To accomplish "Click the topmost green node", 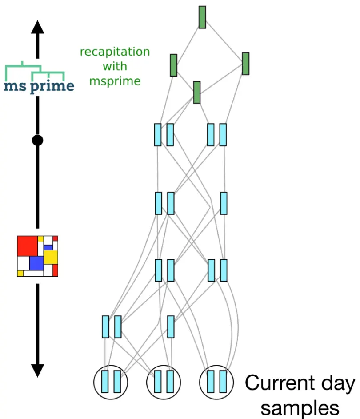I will click(202, 17).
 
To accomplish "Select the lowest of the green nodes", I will click(197, 92).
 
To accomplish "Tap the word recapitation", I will click(115, 52).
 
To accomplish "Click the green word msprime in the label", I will click(115, 81).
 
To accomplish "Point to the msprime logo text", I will click(39, 86).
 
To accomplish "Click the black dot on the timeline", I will click(37, 141).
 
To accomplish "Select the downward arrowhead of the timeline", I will click(37, 369).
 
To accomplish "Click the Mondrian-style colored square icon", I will click(37, 256).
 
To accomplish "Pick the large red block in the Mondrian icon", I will click(27, 246).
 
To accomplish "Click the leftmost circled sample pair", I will click(111, 382).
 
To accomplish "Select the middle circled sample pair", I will click(164, 382).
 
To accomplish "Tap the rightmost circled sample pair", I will click(217, 382).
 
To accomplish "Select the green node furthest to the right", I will click(245, 64).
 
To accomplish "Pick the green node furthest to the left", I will click(173, 65).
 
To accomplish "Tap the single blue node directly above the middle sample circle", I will click(171, 326).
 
